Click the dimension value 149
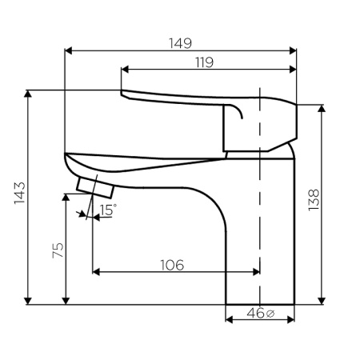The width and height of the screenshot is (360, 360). [181, 42]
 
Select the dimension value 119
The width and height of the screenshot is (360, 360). [202, 62]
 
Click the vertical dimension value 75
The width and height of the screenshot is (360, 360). [57, 250]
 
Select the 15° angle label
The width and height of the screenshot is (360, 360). [107, 210]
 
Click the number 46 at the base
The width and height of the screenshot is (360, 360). [254, 313]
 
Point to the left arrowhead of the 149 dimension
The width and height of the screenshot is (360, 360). [67, 50]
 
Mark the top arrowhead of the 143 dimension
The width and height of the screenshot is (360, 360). [29, 94]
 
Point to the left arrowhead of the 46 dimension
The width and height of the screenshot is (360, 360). [229, 320]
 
